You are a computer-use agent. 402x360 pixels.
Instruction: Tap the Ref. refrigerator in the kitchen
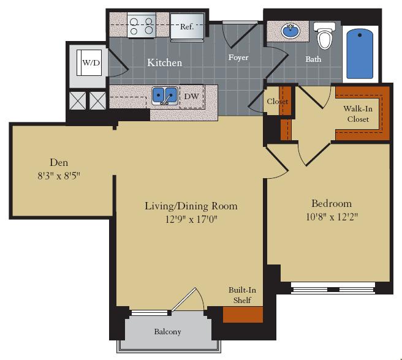[x=186, y=27]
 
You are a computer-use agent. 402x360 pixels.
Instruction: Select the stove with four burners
[x=140, y=26]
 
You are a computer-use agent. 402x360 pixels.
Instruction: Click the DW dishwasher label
[x=191, y=96]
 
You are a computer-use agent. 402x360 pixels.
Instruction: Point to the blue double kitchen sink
[x=165, y=96]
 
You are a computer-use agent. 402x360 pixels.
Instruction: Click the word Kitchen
[x=164, y=62]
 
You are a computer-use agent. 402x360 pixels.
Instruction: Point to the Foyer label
[x=238, y=58]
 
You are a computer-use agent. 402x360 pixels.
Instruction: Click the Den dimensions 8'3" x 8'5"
[x=59, y=175]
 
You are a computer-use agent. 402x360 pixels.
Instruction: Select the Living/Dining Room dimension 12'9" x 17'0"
[x=191, y=219]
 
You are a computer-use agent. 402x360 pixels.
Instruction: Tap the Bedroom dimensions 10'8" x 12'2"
[x=331, y=216]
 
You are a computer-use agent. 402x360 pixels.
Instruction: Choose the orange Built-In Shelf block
[x=243, y=314]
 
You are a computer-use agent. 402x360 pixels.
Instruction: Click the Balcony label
[x=167, y=332]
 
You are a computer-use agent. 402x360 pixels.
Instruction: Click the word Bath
[x=313, y=59]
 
